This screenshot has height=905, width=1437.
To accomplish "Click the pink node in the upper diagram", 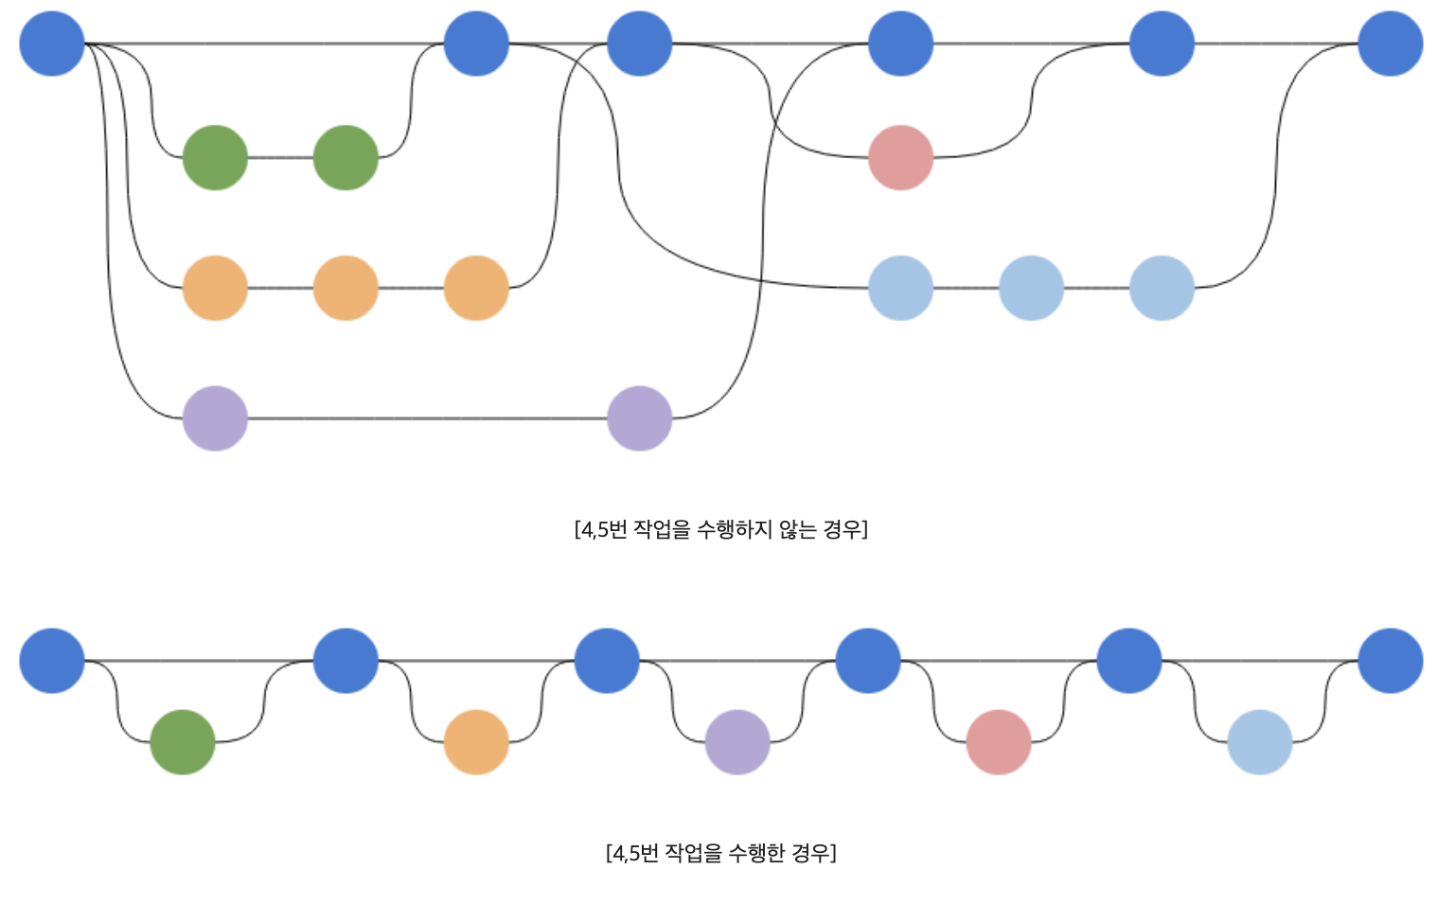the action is (900, 157).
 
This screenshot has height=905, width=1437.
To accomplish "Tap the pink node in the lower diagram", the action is (999, 742).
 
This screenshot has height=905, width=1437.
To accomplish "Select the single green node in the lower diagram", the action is (183, 742).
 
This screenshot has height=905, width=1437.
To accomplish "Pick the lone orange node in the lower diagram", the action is (476, 742).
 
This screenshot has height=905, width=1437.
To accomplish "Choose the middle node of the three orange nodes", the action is (346, 288).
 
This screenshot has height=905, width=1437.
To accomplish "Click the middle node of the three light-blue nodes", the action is (1031, 288).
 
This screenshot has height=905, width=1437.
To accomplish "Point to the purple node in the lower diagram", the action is (737, 742).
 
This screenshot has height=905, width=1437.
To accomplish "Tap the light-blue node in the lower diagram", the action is (1260, 742).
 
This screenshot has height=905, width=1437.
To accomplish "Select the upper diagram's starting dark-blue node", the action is (52, 44).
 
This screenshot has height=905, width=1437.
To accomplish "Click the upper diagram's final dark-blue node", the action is (1390, 44).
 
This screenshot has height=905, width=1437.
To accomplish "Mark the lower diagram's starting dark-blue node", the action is (52, 661).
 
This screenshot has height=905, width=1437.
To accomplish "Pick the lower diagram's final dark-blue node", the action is (1390, 661).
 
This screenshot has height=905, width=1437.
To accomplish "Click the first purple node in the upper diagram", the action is (215, 418).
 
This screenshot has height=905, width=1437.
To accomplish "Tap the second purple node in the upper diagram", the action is (640, 418).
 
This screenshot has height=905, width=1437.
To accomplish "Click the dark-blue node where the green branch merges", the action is (476, 44).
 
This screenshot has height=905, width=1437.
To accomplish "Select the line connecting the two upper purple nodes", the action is (426, 418).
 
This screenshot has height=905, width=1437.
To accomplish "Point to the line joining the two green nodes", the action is (280, 157).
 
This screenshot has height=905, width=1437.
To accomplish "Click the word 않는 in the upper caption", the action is (797, 529).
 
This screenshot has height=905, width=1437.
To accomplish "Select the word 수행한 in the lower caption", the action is (756, 853).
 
